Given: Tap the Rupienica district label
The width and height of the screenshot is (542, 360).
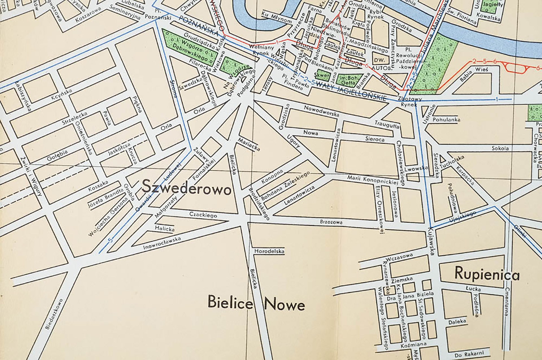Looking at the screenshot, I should click(x=487, y=274).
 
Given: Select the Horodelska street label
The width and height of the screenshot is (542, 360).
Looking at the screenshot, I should click(x=269, y=251).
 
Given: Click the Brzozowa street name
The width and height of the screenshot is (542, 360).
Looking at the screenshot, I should click(x=331, y=222).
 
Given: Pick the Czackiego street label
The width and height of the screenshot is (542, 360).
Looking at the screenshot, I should click(x=203, y=215).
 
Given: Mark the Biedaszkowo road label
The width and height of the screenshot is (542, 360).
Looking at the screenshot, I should click(x=54, y=314).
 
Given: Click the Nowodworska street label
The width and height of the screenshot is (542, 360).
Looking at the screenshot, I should click(x=322, y=111).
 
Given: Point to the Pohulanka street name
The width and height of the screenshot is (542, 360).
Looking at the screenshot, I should click(x=446, y=119).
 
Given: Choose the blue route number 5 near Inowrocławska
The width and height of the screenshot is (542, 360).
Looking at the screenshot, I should click(x=110, y=241).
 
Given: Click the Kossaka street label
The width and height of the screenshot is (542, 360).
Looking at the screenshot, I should click(x=98, y=186).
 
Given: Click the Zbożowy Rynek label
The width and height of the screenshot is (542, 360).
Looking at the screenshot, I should click(x=410, y=102).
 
